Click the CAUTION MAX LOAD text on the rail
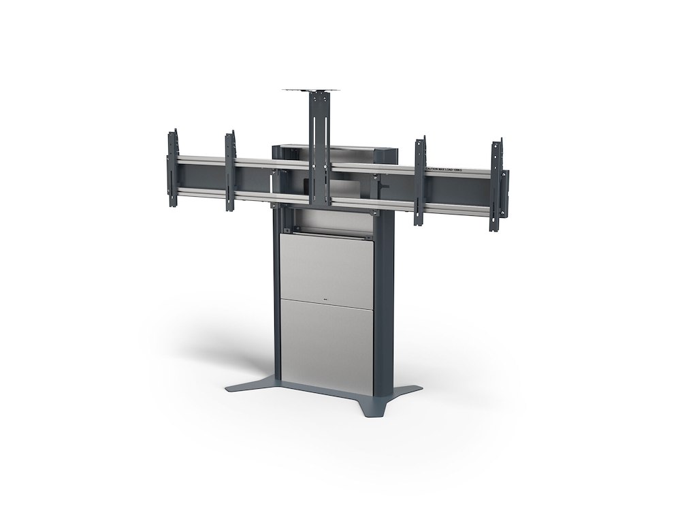442,168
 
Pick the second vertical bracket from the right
420,178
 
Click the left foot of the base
245,386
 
